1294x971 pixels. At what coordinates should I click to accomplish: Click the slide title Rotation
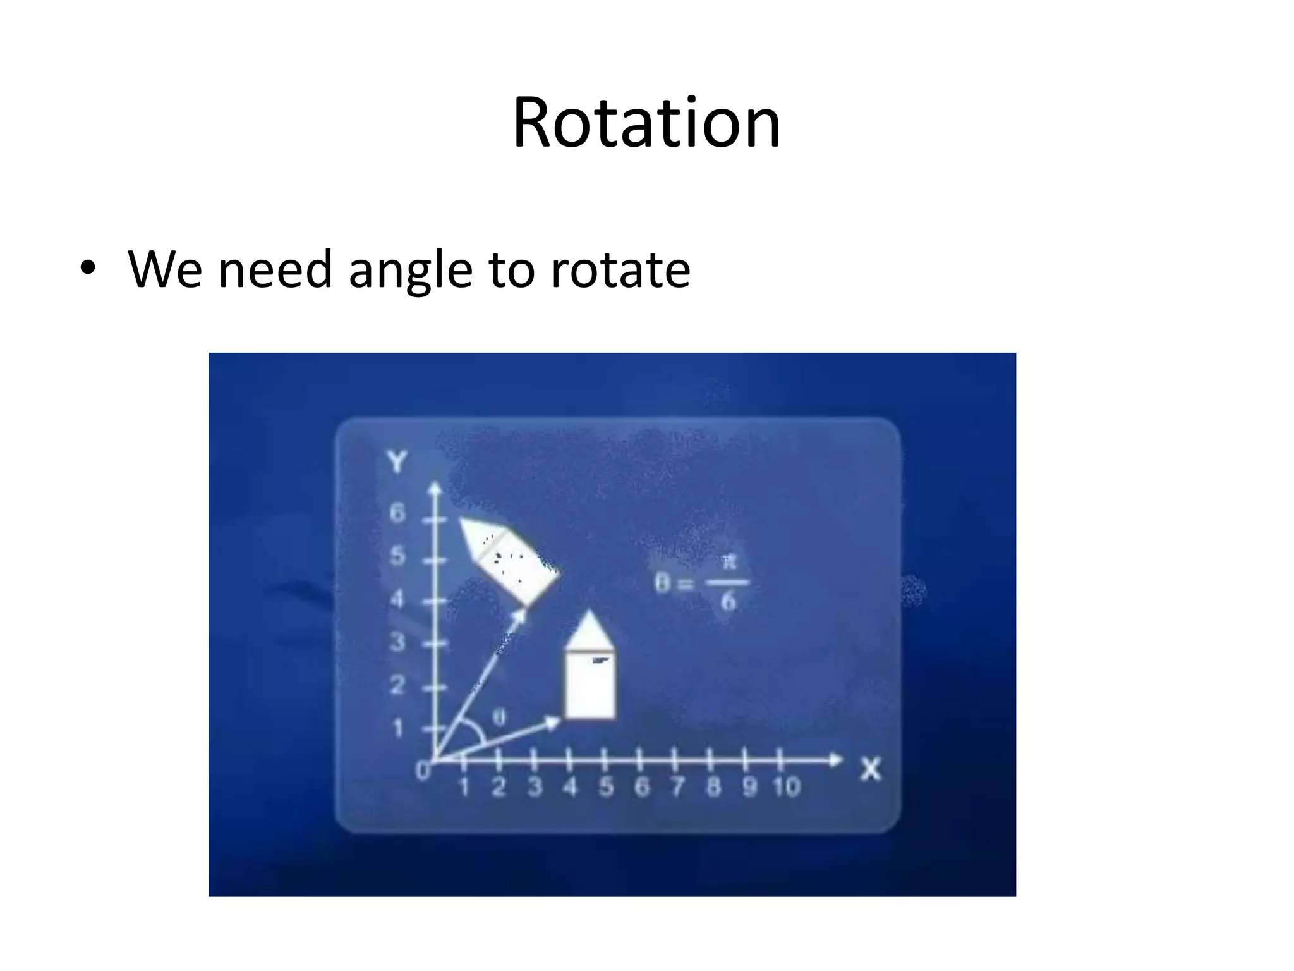tap(646, 123)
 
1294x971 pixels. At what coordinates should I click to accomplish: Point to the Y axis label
tap(397, 462)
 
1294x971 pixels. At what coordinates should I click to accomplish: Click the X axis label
tap(870, 769)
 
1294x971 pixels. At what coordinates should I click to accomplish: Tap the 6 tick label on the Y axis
tap(397, 513)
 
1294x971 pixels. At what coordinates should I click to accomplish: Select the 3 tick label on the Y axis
tap(397, 642)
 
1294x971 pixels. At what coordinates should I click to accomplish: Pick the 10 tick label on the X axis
tap(786, 787)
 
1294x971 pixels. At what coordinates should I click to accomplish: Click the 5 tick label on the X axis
tap(606, 787)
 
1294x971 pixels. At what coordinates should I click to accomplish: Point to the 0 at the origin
tap(422, 771)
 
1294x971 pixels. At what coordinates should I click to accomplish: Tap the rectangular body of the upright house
tap(590, 685)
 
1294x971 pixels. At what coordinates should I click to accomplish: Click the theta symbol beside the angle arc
tap(499, 718)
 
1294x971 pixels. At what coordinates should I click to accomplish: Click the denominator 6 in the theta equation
tap(728, 601)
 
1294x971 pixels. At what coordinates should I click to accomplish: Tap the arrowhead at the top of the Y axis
tap(435, 489)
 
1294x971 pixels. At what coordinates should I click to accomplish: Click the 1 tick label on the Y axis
tap(397, 729)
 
